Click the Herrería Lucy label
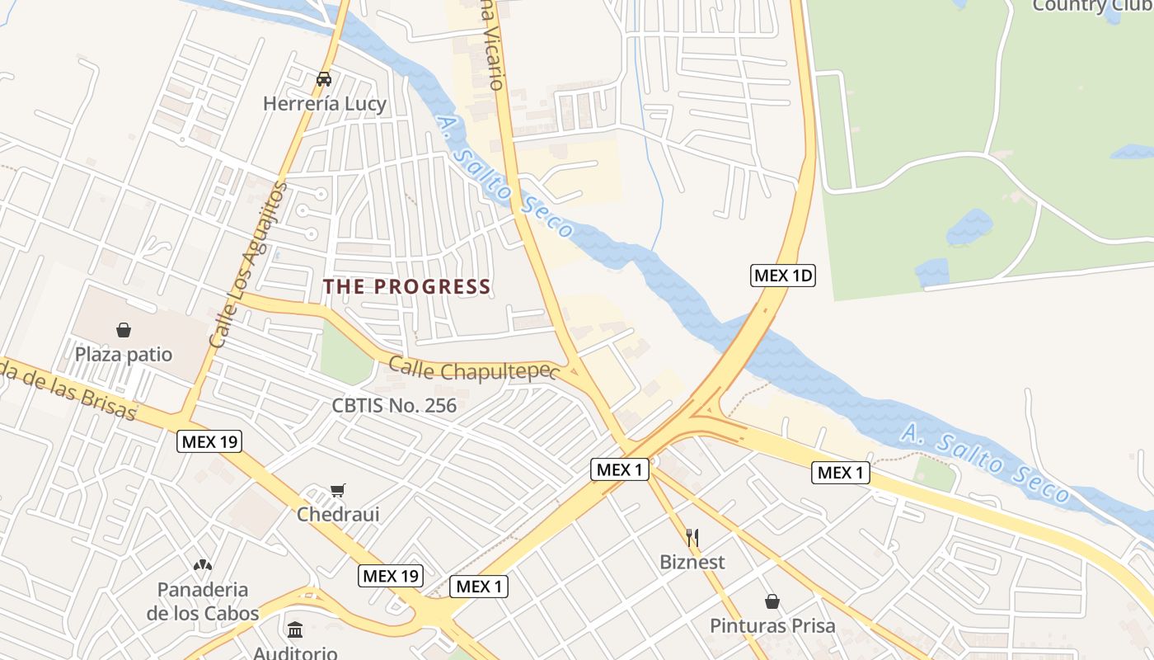[324, 104]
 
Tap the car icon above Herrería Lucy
[324, 79]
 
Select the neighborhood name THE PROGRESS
[406, 286]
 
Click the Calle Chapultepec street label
[470, 370]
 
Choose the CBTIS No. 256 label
[394, 405]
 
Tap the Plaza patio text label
[124, 355]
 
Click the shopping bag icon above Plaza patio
[124, 330]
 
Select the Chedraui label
[338, 515]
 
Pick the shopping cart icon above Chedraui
[337, 491]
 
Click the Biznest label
[692, 562]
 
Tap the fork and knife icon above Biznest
[692, 538]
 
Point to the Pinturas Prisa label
[772, 625]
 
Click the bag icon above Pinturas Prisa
[772, 601]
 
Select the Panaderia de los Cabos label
[203, 601]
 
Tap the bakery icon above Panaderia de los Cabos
[203, 565]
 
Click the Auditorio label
[295, 653]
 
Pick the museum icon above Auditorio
[295, 629]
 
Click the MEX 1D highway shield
[782, 276]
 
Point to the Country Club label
[1092, 6]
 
